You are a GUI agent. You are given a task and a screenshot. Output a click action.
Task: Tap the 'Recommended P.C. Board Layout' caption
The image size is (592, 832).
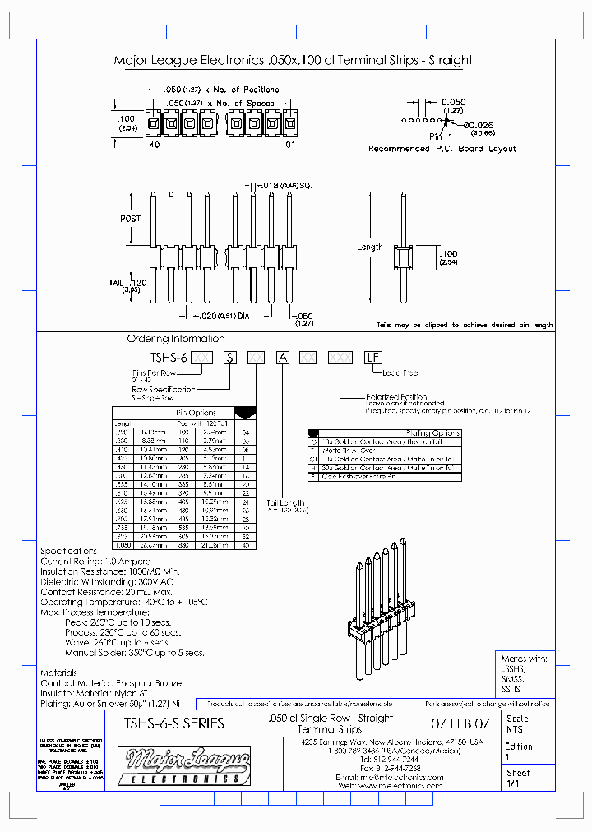[x=442, y=149]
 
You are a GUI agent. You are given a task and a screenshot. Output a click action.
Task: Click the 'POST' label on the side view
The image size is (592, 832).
[x=131, y=219]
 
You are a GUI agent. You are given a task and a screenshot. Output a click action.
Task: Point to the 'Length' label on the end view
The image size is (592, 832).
[x=369, y=247]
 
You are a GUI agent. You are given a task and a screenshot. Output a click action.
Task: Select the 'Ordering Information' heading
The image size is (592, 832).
[x=175, y=339]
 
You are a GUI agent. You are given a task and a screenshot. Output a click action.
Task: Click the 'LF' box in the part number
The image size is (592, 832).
[x=372, y=357]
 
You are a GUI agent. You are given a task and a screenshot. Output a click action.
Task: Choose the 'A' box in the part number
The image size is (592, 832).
[x=281, y=357]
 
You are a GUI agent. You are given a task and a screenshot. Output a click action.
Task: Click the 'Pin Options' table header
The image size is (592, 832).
[x=196, y=413]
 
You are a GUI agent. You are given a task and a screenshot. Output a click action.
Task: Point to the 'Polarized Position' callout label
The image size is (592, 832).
[x=396, y=395]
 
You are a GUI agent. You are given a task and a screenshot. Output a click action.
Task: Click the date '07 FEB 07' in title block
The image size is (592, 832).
[x=460, y=723]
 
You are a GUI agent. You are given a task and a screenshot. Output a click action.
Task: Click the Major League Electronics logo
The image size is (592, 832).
[x=183, y=765]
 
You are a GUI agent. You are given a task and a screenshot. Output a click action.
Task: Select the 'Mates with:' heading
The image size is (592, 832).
[x=524, y=659]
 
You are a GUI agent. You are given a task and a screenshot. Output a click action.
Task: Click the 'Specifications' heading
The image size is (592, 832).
[x=69, y=551]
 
